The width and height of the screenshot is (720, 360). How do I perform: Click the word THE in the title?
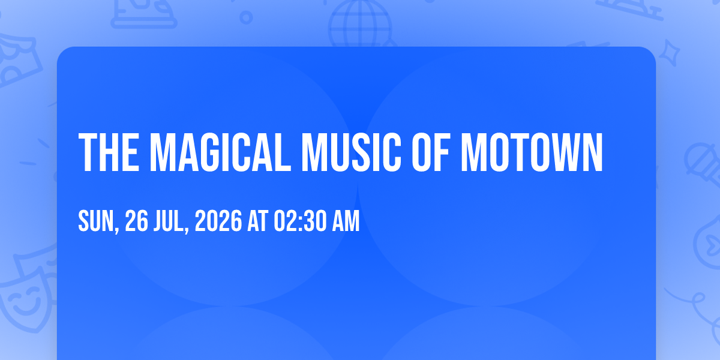click(x=109, y=152)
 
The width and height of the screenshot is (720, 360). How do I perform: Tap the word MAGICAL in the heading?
click(x=221, y=152)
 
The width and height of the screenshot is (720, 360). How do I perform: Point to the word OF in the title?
click(x=430, y=152)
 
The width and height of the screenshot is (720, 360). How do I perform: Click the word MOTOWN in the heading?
click(x=532, y=152)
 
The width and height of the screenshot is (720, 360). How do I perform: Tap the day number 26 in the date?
click(x=136, y=221)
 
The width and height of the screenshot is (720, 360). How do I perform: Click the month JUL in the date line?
click(x=169, y=221)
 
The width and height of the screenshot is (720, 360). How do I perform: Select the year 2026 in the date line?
click(x=218, y=221)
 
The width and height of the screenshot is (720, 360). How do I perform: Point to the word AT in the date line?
click(x=258, y=221)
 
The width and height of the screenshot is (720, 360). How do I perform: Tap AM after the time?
click(x=346, y=221)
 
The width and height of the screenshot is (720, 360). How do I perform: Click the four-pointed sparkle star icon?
click(x=669, y=53)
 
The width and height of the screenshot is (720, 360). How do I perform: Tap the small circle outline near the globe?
click(x=246, y=17)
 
